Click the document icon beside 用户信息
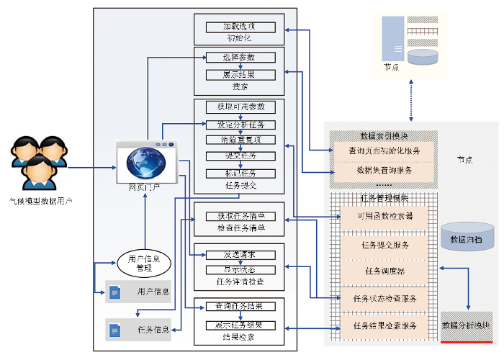pyautogui.click(x=114, y=292)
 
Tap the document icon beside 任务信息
pyautogui.click(x=114, y=330)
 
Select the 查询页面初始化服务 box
pyautogui.click(x=384, y=151)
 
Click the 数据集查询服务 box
pyautogui.click(x=384, y=171)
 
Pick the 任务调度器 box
pyautogui.click(x=384, y=271)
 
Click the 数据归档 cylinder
pyautogui.click(x=467, y=237)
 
